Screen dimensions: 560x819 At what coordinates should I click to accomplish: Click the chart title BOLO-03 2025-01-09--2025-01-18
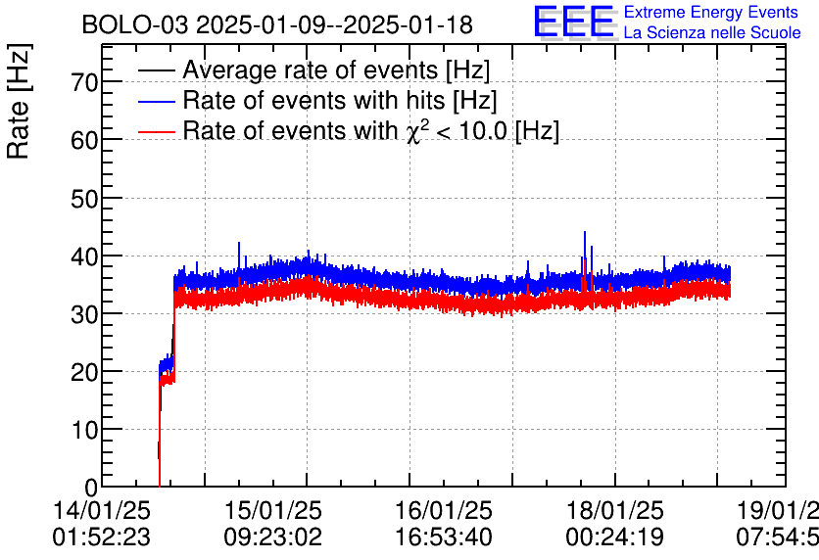(x=277, y=23)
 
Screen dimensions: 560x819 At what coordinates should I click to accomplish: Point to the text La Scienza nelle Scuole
(x=711, y=32)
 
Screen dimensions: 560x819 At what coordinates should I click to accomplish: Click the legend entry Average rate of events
(x=336, y=70)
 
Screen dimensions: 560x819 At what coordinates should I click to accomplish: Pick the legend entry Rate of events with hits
(x=340, y=101)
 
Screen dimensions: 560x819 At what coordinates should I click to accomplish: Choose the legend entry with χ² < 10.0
(x=371, y=131)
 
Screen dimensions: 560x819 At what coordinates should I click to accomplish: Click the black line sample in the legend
(x=157, y=70)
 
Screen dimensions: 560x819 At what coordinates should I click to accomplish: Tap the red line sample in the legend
(x=157, y=131)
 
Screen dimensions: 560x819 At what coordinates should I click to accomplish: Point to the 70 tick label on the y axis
(x=85, y=82)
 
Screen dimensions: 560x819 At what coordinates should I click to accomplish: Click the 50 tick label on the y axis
(x=85, y=198)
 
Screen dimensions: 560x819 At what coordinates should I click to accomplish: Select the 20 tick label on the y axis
(x=85, y=371)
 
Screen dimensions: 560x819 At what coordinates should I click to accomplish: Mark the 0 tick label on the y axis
(x=92, y=487)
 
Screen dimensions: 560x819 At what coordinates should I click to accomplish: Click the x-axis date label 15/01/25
(x=273, y=511)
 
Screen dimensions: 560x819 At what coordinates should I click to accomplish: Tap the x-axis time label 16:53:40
(x=445, y=537)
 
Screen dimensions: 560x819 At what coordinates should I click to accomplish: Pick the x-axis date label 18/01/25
(x=615, y=511)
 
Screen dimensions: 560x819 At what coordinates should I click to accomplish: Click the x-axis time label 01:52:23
(x=102, y=537)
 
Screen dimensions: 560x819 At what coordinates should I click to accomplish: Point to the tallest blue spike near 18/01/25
(x=585, y=235)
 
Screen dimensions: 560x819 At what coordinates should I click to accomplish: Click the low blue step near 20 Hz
(x=167, y=364)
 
